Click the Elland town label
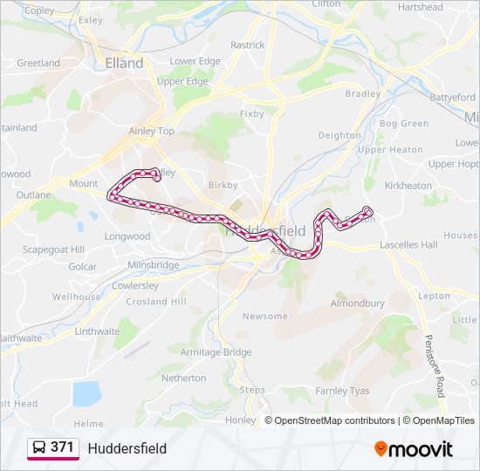click(124, 64)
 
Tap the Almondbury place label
click(357, 304)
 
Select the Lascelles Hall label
click(408, 245)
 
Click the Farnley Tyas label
click(343, 390)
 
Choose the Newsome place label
click(264, 316)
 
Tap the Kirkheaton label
click(408, 186)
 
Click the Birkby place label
click(223, 185)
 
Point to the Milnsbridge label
click(153, 265)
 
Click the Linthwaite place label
click(97, 331)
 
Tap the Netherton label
click(184, 379)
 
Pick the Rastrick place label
click(248, 44)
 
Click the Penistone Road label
click(435, 366)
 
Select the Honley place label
click(241, 420)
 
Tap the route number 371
click(62, 447)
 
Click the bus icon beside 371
click(39, 448)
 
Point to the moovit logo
click(414, 448)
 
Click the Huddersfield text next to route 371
click(127, 448)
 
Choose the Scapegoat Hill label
click(53, 249)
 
